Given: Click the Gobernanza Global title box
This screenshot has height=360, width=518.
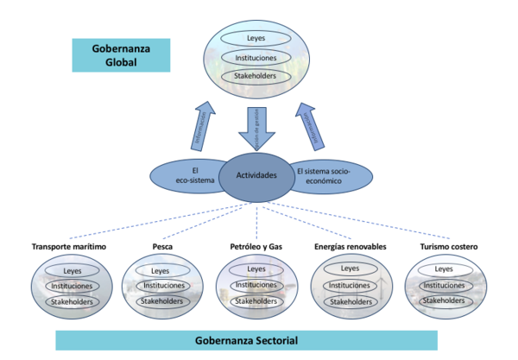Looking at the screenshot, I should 120,54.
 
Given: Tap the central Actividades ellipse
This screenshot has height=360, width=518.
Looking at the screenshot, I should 256,175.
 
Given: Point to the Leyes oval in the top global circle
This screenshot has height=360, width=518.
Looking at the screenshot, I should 256,39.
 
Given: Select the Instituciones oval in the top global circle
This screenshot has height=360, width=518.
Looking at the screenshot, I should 256,58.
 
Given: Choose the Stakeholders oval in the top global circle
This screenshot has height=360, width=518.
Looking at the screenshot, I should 256,77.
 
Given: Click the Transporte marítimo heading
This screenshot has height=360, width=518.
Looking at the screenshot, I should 68,247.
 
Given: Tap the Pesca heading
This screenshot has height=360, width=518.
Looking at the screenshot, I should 161,247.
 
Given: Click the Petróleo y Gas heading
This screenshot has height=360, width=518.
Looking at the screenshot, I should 256,247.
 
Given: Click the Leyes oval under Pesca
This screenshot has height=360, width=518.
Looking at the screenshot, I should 162,270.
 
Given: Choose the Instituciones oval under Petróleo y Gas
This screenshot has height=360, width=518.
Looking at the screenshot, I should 256,285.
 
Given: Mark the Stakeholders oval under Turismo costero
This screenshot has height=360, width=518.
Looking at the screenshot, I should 445,301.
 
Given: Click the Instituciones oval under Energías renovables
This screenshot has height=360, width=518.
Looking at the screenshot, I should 350,285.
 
